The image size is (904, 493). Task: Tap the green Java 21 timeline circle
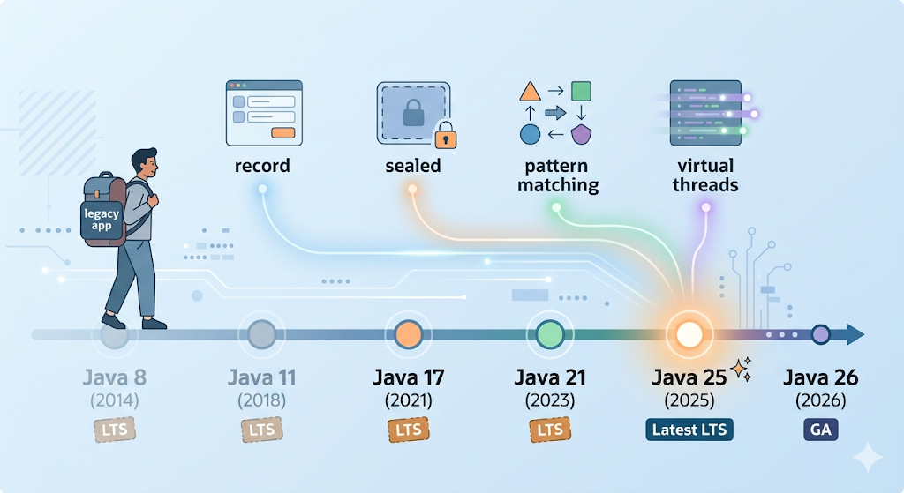point(550,334)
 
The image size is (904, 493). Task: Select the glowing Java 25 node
point(689,334)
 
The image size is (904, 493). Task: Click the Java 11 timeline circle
point(262,334)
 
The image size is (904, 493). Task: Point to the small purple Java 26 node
point(821,334)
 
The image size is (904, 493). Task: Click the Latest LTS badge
point(689,430)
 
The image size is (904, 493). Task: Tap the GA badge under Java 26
point(820,430)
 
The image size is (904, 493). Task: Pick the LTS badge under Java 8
point(115,430)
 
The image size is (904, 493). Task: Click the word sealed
point(413,166)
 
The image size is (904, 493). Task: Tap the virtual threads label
point(705,175)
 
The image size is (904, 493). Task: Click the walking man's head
point(145,164)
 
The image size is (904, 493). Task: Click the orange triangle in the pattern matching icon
point(530,91)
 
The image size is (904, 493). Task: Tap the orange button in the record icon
point(282,131)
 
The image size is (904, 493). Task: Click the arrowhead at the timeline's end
point(855,334)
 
